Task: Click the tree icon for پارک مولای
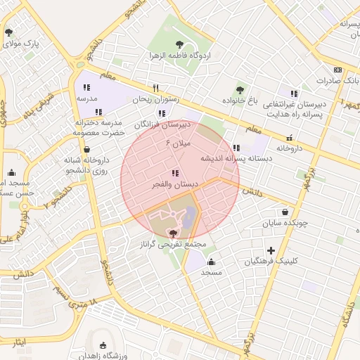(8, 32)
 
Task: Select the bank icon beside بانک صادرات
(338, 70)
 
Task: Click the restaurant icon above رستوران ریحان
(156, 89)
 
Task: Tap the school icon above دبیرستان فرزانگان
(162, 112)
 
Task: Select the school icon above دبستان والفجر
(174, 173)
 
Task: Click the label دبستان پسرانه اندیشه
(236, 158)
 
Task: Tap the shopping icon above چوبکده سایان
(285, 212)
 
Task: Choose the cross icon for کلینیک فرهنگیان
(271, 250)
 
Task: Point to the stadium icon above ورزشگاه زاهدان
(104, 345)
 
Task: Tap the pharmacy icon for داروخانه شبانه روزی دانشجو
(86, 149)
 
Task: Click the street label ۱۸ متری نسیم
(79, 305)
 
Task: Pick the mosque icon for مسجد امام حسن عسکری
(11, 172)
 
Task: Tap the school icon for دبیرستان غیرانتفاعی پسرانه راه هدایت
(294, 94)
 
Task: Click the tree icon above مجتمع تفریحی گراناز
(173, 233)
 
